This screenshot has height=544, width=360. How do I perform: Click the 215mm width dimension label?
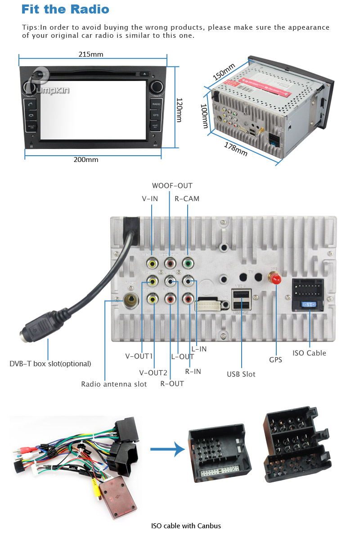91,54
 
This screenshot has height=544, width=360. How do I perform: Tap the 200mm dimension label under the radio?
86,159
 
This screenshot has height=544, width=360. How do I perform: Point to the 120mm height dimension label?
179,110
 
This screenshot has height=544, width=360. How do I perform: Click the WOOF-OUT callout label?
172,186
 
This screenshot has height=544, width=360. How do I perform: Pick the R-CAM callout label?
187,198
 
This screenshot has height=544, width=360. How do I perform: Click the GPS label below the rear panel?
275,360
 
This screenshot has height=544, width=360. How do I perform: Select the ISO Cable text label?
309,353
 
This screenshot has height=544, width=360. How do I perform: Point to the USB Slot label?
241,374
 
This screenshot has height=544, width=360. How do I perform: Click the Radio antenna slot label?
114,384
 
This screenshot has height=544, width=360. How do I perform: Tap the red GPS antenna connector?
275,279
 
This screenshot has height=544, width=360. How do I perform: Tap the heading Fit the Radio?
65,9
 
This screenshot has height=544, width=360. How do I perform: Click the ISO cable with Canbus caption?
186,526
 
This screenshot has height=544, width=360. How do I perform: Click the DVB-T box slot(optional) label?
50,364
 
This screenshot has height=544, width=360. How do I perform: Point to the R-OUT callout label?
172,384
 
